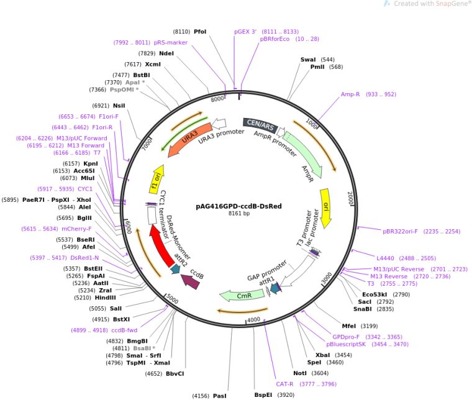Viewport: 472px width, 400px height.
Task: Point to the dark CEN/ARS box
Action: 260,125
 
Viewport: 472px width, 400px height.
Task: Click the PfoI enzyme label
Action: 201,30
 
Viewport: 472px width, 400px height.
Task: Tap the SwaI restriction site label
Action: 309,60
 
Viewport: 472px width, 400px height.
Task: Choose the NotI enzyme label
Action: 301,373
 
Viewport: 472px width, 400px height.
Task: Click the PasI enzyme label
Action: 220,395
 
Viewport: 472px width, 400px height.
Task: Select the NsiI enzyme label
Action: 119,106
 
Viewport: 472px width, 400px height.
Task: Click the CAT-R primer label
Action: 286,383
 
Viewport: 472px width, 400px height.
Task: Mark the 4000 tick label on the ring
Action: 254,319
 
